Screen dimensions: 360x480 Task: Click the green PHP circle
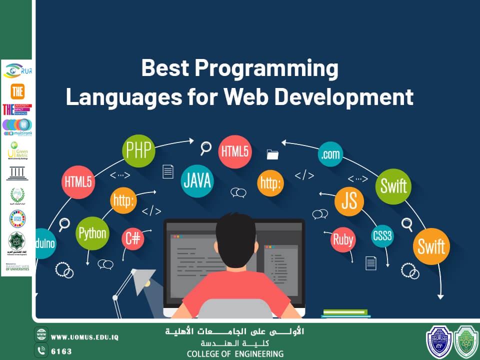point(138,149)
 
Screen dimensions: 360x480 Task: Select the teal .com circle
point(331,155)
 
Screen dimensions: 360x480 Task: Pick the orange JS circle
point(349,201)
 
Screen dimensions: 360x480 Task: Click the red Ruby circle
point(343,239)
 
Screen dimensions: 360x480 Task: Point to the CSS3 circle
point(382,235)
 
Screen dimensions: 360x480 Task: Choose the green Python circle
point(92,233)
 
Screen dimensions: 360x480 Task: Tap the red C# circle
point(133,239)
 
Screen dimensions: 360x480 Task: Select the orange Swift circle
point(431,246)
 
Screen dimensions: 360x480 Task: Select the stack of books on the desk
point(345,313)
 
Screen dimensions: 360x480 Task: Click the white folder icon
point(272,154)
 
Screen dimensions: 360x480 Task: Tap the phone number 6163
point(61,351)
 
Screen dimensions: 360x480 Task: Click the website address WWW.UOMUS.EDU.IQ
point(84,337)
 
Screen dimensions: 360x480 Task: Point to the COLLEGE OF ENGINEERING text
point(235,354)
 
